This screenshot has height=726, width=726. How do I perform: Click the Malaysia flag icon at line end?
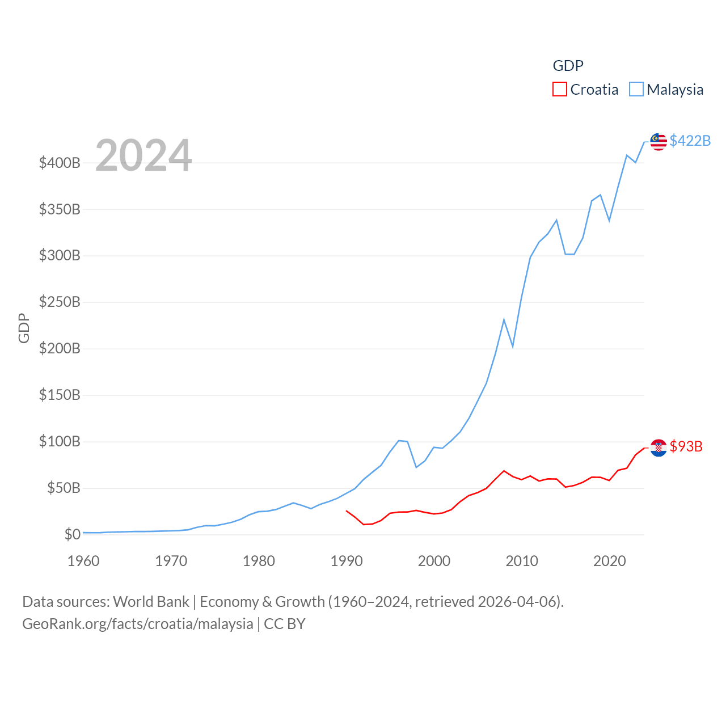(x=659, y=142)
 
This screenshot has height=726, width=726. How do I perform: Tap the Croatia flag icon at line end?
(x=659, y=448)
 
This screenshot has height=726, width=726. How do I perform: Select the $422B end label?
(x=690, y=141)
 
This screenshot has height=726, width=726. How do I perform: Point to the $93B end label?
(x=686, y=446)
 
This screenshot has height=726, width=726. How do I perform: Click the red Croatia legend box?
(x=560, y=90)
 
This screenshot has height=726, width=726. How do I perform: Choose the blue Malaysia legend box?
(x=636, y=90)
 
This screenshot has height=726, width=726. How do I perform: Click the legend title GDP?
(x=568, y=66)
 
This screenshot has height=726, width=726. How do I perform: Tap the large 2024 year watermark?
(x=143, y=155)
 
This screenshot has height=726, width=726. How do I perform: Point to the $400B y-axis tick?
(x=60, y=163)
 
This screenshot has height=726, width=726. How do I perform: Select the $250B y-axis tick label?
(x=60, y=302)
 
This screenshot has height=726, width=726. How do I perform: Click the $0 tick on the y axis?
(x=72, y=534)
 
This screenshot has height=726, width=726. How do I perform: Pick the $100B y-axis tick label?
(x=60, y=441)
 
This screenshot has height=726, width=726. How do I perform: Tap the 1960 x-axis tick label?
(x=83, y=561)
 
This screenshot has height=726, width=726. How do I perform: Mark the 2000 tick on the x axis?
(x=434, y=561)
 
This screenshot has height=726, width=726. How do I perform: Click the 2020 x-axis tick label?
(x=609, y=561)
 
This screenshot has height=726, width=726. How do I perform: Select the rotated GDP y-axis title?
(x=24, y=328)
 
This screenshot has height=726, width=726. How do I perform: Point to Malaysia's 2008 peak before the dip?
(x=504, y=320)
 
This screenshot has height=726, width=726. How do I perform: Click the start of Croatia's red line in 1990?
(x=347, y=510)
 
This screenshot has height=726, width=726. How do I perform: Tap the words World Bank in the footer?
(x=151, y=601)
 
